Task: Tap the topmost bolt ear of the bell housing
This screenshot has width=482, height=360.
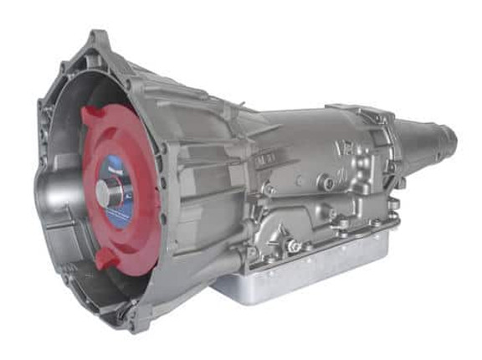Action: click(99, 37)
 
